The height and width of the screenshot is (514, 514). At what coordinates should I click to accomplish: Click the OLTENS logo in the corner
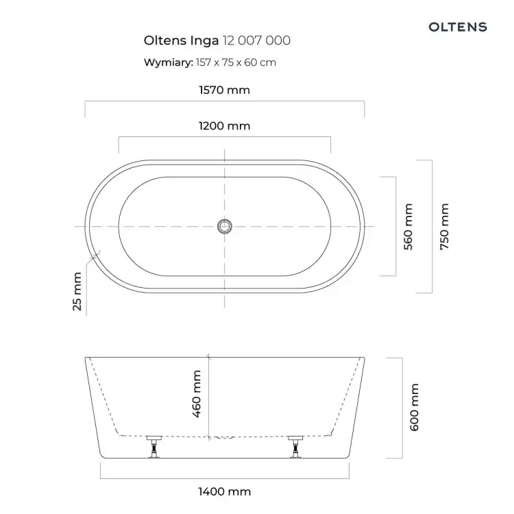pos(458,27)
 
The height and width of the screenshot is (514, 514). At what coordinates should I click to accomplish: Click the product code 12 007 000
pos(257,40)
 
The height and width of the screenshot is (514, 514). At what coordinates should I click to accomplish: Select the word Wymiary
pos(169,62)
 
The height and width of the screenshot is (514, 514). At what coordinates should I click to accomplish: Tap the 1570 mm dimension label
pos(225,90)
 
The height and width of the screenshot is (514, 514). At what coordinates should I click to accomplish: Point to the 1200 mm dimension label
pos(225,126)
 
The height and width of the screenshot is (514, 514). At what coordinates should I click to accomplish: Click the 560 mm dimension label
pos(408,227)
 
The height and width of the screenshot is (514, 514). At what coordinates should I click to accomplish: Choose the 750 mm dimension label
pos(444,227)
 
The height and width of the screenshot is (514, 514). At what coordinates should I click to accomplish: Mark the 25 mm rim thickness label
pos(77,291)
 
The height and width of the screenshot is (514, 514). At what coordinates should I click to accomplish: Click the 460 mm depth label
pos(197,394)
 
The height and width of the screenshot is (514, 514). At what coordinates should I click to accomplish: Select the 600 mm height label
pos(415,407)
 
